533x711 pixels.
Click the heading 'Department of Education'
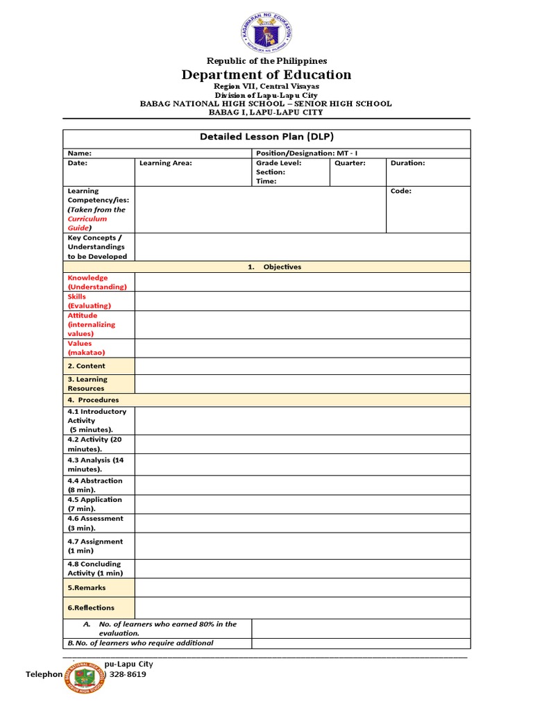click(x=266, y=75)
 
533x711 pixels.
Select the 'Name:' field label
click(x=80, y=153)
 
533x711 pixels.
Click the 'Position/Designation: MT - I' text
click(x=307, y=153)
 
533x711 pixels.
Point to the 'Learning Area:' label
click(x=166, y=163)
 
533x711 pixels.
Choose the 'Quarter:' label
click(x=350, y=163)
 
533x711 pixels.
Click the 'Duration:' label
click(x=408, y=163)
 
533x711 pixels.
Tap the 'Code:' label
click(x=400, y=191)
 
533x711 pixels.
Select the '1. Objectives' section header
click(x=274, y=267)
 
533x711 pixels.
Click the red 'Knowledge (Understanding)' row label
click(x=96, y=282)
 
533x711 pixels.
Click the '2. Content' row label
click(x=86, y=366)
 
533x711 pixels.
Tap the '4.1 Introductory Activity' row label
click(x=96, y=416)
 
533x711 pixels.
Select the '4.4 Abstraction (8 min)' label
click(x=94, y=485)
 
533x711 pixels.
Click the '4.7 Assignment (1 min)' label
click(x=94, y=546)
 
